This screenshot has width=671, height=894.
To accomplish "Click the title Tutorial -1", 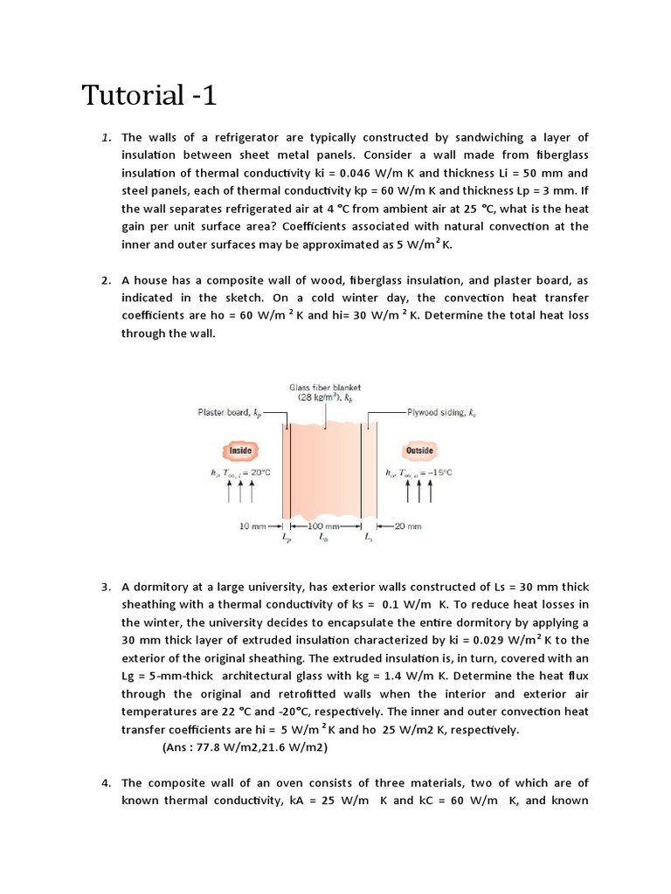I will (149, 94).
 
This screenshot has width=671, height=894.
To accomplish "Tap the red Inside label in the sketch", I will (240, 450).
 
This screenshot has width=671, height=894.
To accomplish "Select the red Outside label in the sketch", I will (419, 450).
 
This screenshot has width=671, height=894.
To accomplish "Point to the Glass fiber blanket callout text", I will (325, 387).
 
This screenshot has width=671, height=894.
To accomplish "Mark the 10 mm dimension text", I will (252, 526).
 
